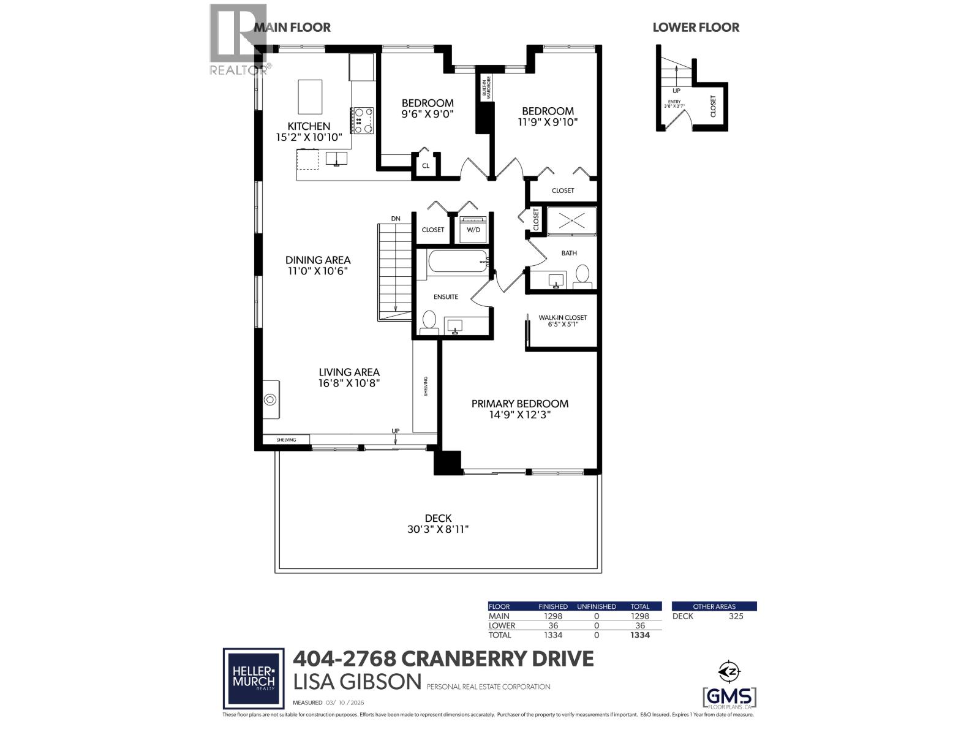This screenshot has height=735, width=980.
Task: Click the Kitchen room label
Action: [309, 126]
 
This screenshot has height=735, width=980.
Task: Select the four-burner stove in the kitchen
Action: [363, 120]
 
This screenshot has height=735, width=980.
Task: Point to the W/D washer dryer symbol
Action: [473, 230]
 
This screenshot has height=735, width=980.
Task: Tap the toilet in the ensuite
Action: [429, 320]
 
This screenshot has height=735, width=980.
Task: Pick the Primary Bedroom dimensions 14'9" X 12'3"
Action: [519, 415]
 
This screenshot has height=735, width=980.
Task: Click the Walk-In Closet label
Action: [562, 317]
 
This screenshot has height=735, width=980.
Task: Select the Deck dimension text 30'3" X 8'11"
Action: [438, 529]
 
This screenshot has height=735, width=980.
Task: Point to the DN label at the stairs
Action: [396, 219]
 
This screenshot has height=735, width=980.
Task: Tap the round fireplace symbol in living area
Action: [270, 400]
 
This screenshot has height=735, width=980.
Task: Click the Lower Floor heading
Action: [696, 28]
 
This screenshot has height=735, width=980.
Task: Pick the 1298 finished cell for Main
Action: [552, 616]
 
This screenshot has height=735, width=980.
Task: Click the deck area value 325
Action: [736, 616]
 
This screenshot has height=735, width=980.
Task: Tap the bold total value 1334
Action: [639, 635]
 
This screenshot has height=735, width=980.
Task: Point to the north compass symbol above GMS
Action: [729, 671]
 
